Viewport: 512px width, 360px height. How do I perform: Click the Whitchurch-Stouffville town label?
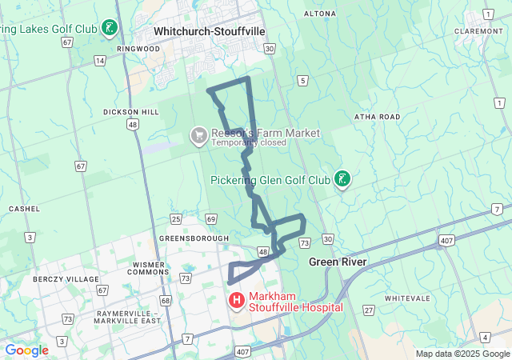pos(210,31)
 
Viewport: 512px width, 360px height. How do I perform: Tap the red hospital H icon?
pos(237,302)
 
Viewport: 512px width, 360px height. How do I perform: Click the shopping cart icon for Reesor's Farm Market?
pos(198,137)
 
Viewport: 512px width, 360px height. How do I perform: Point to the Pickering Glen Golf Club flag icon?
pos(342,179)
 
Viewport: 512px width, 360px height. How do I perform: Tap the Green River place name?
pos(338,262)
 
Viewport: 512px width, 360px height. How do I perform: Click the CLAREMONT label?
pos(477,31)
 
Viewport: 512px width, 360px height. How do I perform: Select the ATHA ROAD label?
pos(377,117)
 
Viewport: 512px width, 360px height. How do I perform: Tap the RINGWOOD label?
pos(138,49)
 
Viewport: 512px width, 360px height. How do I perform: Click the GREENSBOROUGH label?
pos(194,238)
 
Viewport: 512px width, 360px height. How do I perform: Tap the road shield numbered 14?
pos(100,61)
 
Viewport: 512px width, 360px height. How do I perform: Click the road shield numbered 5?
pos(302,81)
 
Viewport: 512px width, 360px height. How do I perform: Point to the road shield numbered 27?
pos(368,310)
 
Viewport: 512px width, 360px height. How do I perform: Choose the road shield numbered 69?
pos(210,219)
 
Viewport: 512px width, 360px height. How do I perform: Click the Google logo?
pos(26,350)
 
